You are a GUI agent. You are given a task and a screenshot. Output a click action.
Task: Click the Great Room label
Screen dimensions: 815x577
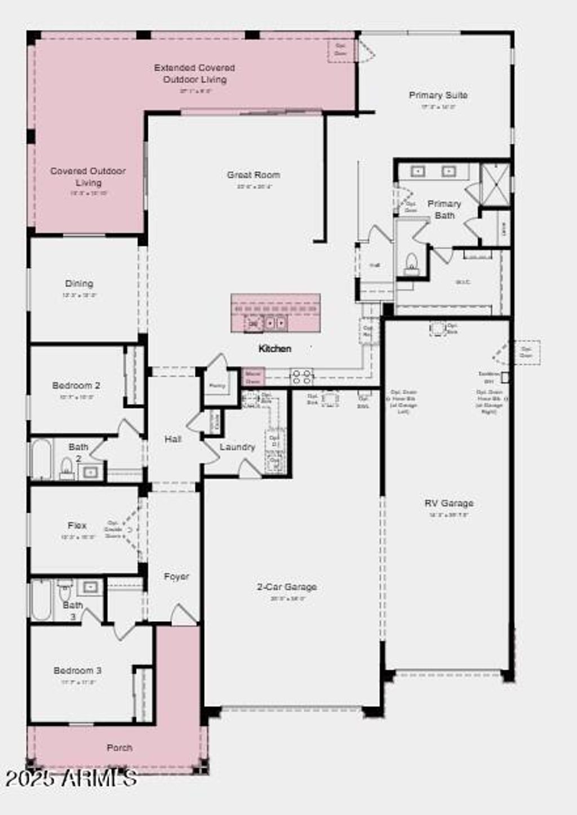(253, 175)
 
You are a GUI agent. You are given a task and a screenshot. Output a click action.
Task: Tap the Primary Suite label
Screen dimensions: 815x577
(438, 95)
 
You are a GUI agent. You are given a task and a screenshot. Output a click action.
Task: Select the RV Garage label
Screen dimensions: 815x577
(449, 503)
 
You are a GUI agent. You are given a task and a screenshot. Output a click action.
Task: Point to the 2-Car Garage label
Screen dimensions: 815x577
(287, 587)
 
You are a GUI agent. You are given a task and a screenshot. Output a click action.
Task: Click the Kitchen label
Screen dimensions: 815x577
(275, 349)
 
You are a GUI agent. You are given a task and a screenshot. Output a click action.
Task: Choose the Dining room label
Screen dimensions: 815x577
(79, 283)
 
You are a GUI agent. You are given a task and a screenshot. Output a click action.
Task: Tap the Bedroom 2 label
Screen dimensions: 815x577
(76, 386)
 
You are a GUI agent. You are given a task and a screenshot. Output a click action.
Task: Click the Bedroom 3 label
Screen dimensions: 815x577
(77, 670)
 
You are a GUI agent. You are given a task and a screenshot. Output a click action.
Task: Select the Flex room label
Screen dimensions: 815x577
(77, 525)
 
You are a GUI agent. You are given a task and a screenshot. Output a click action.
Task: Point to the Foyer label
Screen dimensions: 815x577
(176, 577)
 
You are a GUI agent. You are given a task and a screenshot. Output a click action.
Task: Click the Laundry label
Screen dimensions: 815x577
(237, 447)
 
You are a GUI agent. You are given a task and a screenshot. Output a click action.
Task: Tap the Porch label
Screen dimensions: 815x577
(119, 748)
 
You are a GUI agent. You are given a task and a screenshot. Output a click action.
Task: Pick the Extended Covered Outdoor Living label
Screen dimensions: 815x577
(194, 73)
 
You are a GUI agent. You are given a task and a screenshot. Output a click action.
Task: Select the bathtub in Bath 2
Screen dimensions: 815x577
(41, 458)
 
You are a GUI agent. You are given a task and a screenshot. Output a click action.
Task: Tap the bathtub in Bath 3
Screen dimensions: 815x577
(41, 600)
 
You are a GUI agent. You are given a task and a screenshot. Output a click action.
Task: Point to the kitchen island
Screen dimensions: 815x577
(276, 313)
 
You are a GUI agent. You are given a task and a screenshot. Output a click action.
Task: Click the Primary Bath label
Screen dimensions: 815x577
(444, 209)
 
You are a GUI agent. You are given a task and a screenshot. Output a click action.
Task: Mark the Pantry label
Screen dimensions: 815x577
(217, 386)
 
